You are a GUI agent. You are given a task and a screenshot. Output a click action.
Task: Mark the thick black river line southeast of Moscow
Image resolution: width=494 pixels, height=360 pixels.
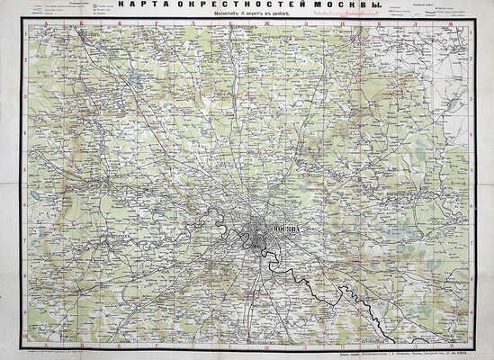pos(342,297)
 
